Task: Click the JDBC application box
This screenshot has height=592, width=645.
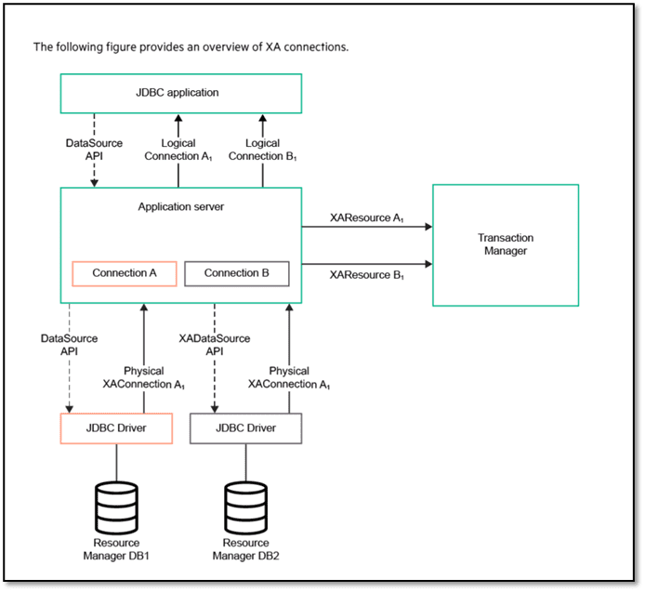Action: coord(181,93)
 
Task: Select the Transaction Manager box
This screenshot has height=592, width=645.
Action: coord(505,244)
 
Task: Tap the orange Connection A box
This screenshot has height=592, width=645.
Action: coord(123,273)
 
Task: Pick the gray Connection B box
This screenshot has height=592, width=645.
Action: coord(236,273)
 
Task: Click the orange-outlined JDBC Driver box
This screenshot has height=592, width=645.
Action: coord(116,428)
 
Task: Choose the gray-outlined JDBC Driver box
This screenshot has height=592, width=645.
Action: coord(245,428)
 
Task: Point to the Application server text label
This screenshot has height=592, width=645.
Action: coord(181,206)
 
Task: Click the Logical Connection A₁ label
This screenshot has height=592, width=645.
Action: coord(178,150)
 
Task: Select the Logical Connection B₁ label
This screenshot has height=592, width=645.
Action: coord(262,150)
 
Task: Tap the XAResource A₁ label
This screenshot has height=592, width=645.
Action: coord(366,217)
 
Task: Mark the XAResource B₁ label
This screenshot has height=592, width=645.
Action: coord(366,274)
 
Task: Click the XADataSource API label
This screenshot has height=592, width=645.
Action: coord(215,345)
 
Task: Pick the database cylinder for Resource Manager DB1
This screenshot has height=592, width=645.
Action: coord(116,505)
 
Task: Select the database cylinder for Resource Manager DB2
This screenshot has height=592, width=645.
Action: coord(245,505)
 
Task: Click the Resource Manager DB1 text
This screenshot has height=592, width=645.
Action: coord(116,548)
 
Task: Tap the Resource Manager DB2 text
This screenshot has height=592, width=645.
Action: coord(245,548)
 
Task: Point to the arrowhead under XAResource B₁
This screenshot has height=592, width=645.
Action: coord(427,263)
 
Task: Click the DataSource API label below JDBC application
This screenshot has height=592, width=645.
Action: coord(93,150)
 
